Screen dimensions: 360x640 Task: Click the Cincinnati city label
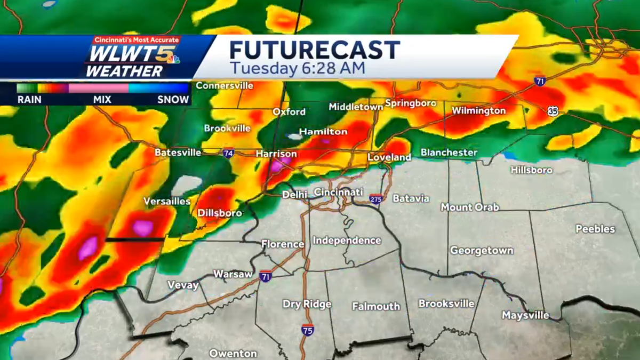[339, 192]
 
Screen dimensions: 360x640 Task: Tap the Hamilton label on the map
[323, 131]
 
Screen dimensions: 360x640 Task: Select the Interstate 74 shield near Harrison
[228, 153]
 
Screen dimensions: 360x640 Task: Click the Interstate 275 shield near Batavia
[376, 199]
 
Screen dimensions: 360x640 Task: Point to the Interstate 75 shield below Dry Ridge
[308, 329]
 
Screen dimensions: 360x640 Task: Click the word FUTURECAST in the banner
[315, 50]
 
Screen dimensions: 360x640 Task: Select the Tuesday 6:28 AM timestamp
[298, 69]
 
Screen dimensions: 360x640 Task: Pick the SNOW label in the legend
[173, 99]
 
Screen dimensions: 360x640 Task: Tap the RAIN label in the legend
[30, 99]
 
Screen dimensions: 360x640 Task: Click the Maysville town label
[525, 316]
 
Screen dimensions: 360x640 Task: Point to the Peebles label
[595, 229]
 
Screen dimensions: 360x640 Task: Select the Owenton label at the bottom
[233, 353]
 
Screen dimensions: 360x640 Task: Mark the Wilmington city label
[478, 111]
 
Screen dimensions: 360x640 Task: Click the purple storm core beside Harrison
[277, 166]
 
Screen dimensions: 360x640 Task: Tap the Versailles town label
[167, 202]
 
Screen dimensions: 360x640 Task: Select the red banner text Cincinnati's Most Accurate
[137, 40]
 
